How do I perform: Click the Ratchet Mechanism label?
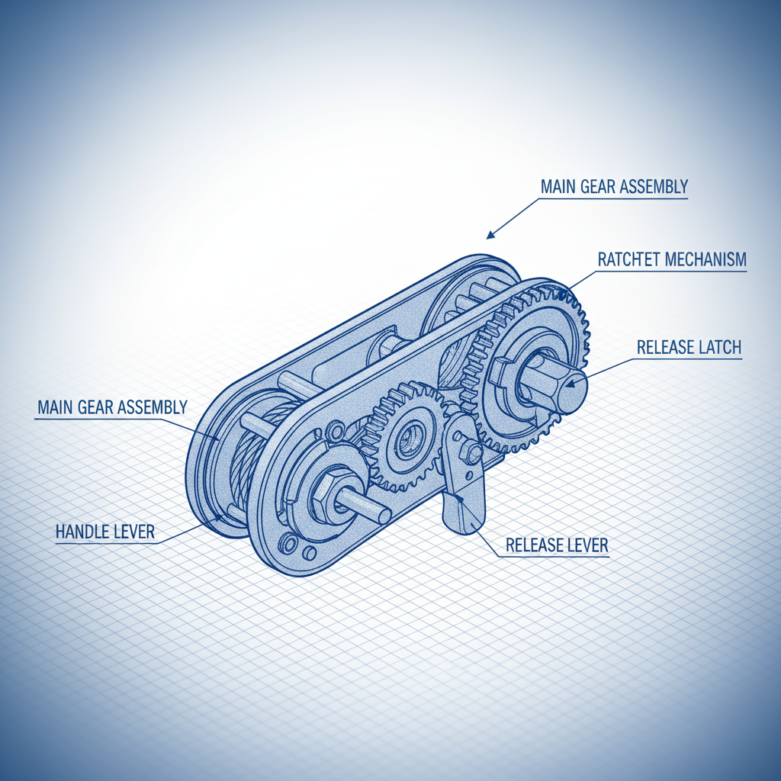[x=671, y=259]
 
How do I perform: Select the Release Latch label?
[x=689, y=348]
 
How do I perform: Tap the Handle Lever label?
[x=105, y=532]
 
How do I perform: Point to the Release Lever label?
[x=557, y=545]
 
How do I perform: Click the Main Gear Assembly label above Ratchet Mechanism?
[x=614, y=186]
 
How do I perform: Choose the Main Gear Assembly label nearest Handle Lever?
[x=111, y=407]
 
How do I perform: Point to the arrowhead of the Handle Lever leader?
[x=221, y=517]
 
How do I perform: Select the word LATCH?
[x=719, y=348]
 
